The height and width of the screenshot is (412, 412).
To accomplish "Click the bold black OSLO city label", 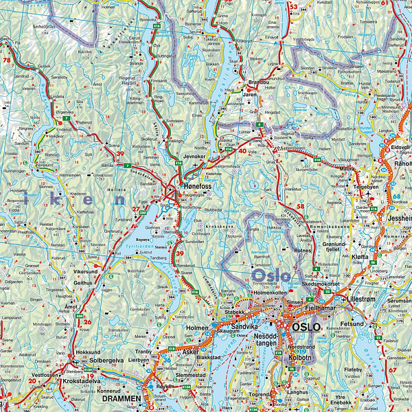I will tap(306, 328).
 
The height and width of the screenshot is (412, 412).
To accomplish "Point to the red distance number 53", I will tap(293, 6).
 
